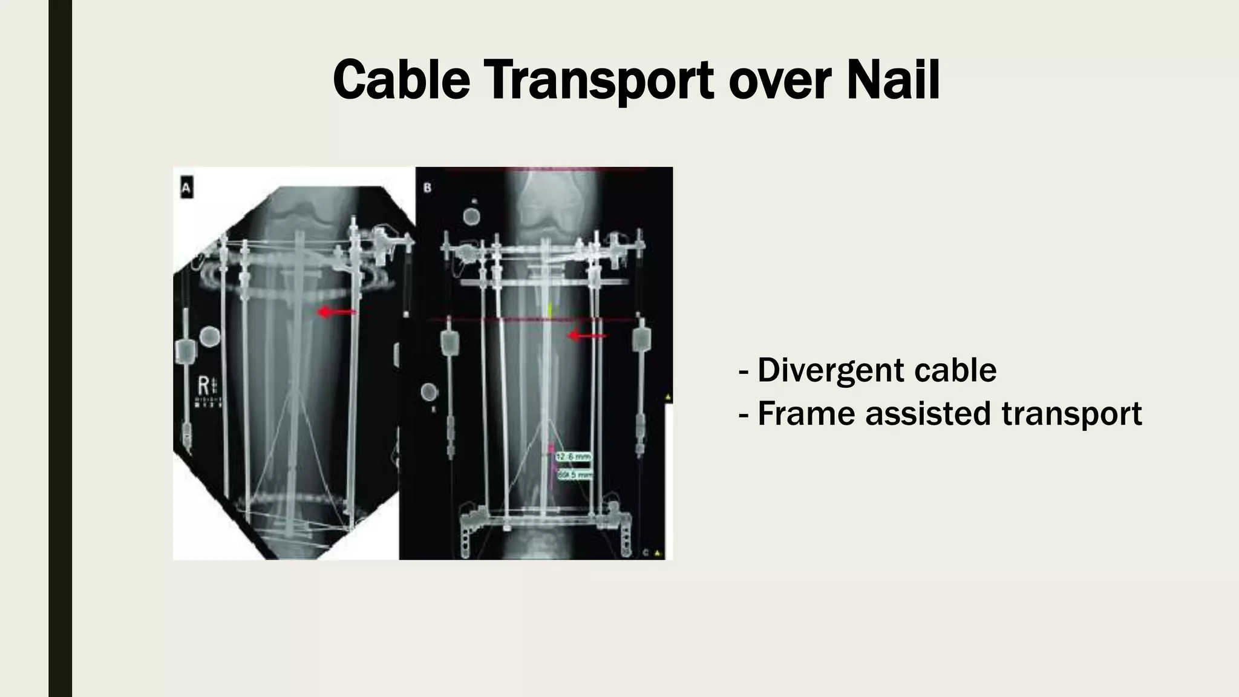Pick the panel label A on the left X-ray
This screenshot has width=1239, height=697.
186,189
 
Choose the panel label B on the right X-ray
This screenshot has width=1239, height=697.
428,188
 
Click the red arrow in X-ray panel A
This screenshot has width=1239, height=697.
337,312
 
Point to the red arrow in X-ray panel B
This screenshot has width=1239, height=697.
587,336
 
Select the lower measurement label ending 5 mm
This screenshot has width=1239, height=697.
574,476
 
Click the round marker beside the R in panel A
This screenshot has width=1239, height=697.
209,336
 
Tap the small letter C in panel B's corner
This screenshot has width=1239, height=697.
646,552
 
